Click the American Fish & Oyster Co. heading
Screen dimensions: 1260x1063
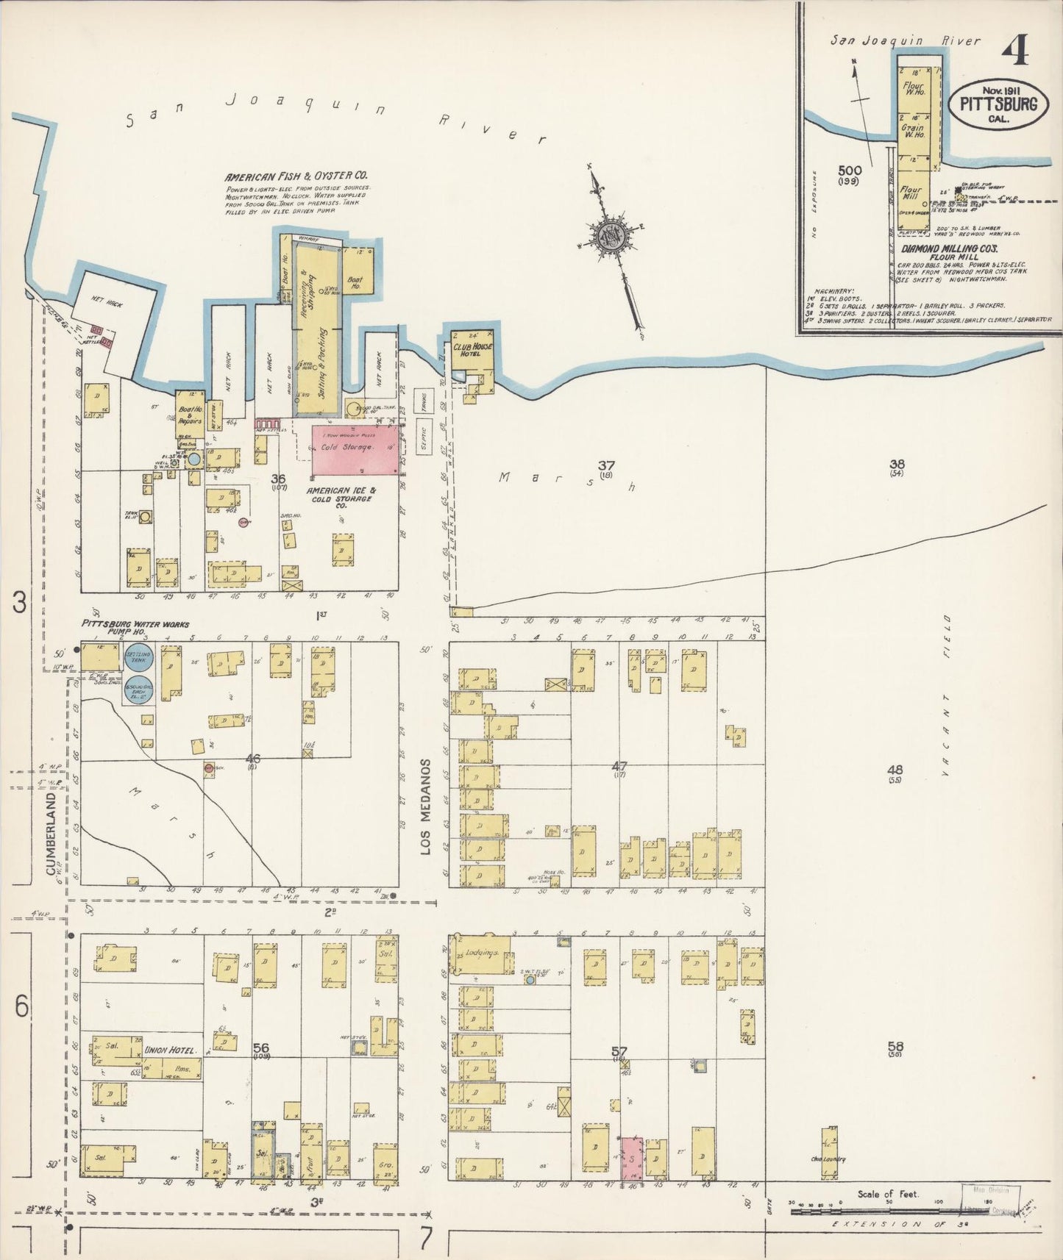pos(296,176)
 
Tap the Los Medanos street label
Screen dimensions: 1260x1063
pos(424,806)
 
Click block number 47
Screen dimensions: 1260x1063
pos(619,767)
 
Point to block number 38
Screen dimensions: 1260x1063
pos(896,464)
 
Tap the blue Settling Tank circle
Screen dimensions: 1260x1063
pos(138,656)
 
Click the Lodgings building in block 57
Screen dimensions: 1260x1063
pos(483,955)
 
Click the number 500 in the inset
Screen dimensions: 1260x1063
pos(849,171)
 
